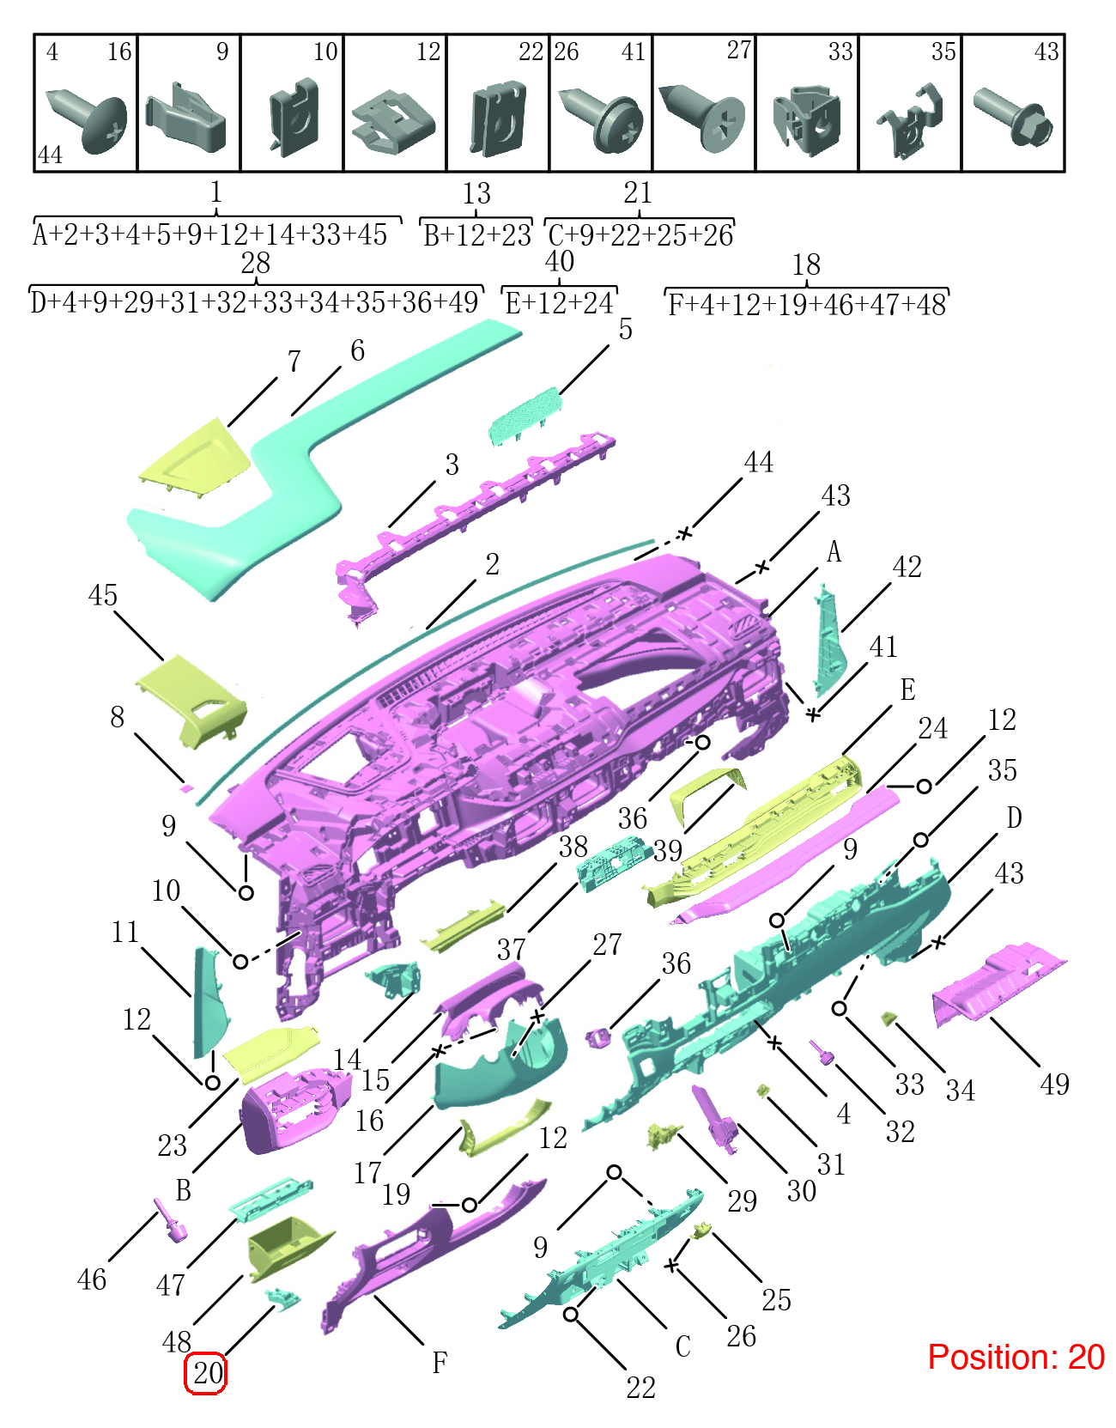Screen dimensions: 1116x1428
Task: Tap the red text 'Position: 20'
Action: (1016, 1357)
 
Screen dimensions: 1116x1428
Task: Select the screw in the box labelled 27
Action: (702, 118)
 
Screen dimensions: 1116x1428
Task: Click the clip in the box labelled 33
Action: (807, 121)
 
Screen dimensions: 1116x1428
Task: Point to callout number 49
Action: (1054, 1084)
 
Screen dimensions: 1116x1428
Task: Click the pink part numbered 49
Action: (998, 981)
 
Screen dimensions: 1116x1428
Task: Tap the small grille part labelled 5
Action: (525, 415)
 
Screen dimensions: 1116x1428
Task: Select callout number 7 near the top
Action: (294, 361)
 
